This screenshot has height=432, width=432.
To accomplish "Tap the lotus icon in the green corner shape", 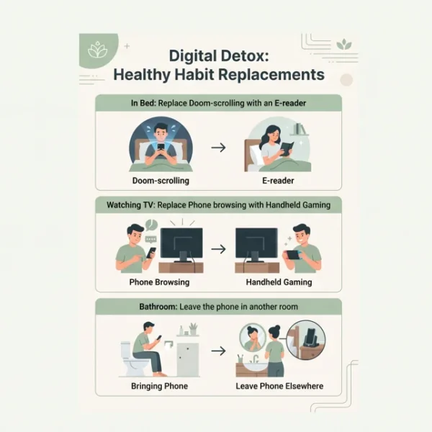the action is pyautogui.click(x=98, y=49).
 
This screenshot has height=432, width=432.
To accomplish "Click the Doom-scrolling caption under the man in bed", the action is pyautogui.click(x=161, y=181).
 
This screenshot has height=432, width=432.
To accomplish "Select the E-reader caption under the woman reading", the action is pyautogui.click(x=278, y=181).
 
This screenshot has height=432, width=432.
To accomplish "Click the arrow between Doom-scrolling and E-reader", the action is pyautogui.click(x=218, y=148).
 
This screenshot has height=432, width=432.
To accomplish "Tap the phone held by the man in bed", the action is pyautogui.click(x=161, y=149).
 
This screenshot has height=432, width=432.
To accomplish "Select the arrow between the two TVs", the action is pyautogui.click(x=218, y=249).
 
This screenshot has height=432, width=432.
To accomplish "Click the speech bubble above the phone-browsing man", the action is pyautogui.click(x=151, y=224).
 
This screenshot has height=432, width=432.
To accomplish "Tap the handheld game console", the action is pyautogui.click(x=294, y=255).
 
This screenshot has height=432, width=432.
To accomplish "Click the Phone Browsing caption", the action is pyautogui.click(x=159, y=282).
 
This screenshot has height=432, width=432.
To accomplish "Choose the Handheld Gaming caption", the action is pyautogui.click(x=279, y=282).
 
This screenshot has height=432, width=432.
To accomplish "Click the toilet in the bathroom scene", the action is pyautogui.click(x=132, y=359).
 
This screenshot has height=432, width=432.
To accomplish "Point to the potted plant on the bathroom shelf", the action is pyautogui.click(x=193, y=329).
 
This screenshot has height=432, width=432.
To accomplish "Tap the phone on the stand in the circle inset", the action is pyautogui.click(x=311, y=337).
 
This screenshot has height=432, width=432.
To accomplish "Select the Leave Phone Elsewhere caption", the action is pyautogui.click(x=279, y=386).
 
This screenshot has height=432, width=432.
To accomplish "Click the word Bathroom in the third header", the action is pyautogui.click(x=158, y=307).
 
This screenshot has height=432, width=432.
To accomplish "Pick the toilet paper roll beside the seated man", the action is pyautogui.click(x=168, y=345).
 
